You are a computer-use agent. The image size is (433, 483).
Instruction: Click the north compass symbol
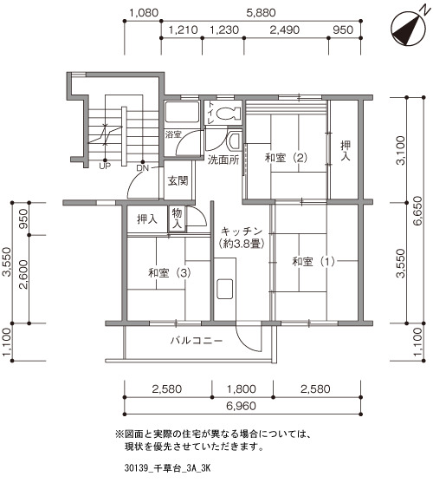pyautogui.click(x=408, y=29)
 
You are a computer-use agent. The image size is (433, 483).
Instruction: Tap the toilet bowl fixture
pyautogui.click(x=228, y=114)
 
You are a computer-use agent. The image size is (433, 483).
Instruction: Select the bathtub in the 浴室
pyautogui.click(x=182, y=113)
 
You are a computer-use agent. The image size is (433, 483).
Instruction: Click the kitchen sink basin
pyautogui.click(x=224, y=289)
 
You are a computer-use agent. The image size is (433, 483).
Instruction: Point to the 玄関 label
pyautogui.click(x=178, y=180)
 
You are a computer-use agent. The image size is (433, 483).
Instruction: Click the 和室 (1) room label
pyautogui.click(x=313, y=262)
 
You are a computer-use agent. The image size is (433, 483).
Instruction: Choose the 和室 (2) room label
pyautogui.click(x=286, y=158)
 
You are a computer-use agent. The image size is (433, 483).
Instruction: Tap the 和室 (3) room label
pyautogui.click(x=170, y=272)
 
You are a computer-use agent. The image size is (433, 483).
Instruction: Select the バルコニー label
pyautogui.click(x=197, y=341)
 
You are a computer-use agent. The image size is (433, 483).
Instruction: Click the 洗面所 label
pyautogui.click(x=223, y=160)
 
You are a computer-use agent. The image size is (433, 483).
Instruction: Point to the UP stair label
pyautogui.click(x=105, y=166)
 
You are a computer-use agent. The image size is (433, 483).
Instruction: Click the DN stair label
pyautogui.click(x=142, y=168)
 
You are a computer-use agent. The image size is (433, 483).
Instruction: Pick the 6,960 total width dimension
pyautogui.click(x=241, y=406)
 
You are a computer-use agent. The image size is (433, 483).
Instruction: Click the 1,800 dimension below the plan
pyautogui.click(x=241, y=389)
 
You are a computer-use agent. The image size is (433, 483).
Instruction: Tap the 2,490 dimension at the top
pyautogui.click(x=284, y=29)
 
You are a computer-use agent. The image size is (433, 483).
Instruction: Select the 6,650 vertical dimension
pyautogui.click(x=417, y=211)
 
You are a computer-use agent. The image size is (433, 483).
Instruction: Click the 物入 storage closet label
pyautogui.click(x=177, y=219)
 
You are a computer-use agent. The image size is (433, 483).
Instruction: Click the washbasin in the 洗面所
pyautogui.click(x=235, y=140)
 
